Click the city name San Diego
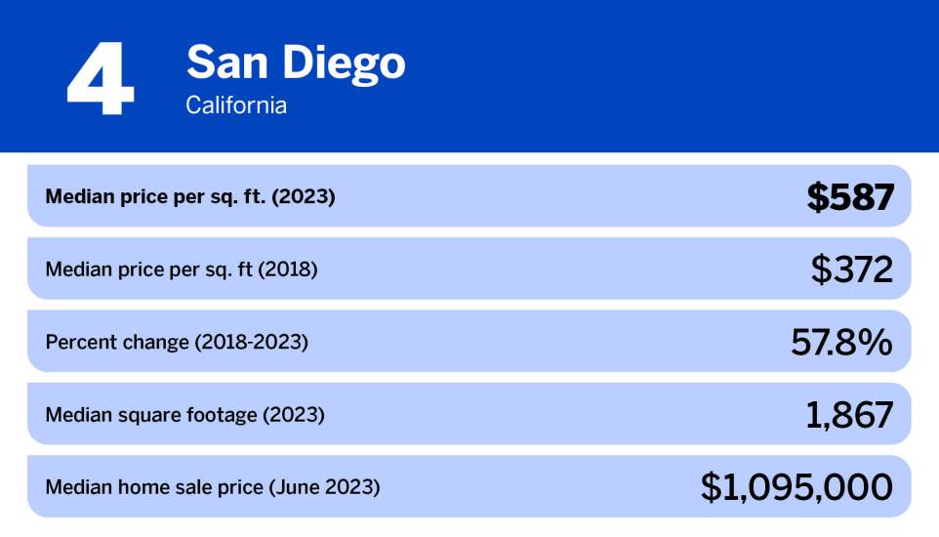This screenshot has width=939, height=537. point(295,63)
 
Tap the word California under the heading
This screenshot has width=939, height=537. point(236,105)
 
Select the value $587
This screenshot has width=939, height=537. point(849,197)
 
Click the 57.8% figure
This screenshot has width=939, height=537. point(840,342)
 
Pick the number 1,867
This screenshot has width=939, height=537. point(849,415)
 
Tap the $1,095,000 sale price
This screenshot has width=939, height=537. point(796,487)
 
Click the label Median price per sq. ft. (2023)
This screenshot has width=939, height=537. point(190,197)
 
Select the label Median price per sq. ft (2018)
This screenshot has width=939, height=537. point(182,269)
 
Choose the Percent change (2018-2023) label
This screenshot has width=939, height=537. point(177,342)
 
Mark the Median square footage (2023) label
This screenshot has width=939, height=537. point(184,415)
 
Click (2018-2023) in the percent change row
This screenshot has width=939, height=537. point(251,342)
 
